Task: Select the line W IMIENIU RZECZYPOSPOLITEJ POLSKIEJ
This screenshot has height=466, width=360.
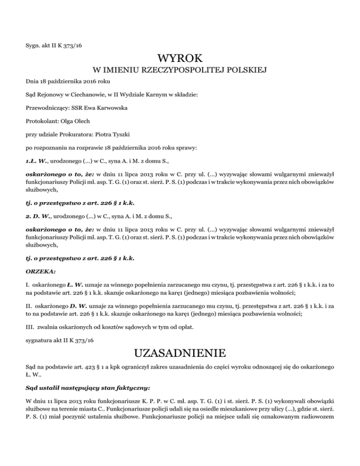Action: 180,71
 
